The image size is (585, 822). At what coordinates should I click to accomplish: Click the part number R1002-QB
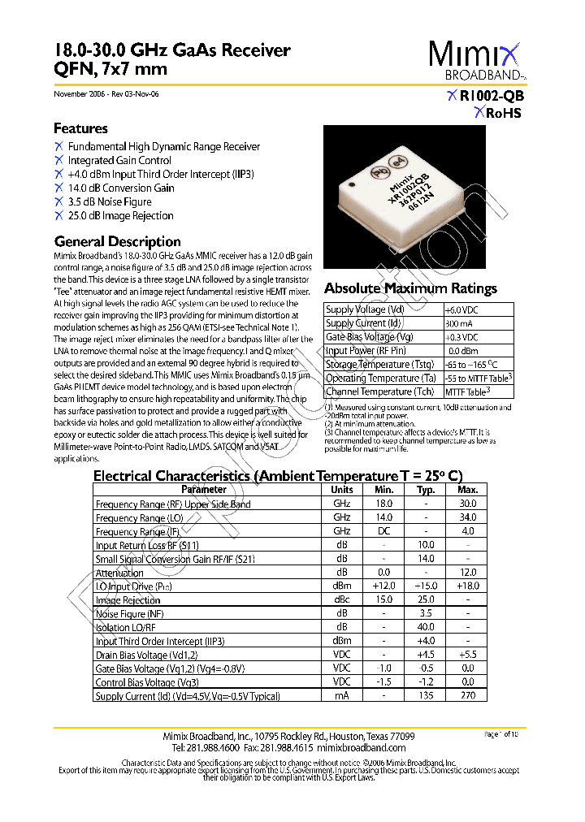[x=491, y=96]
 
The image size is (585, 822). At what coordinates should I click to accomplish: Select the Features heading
[x=80, y=128]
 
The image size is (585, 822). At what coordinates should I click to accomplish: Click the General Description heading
[x=117, y=241]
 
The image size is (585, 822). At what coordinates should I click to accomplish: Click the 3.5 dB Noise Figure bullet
[x=109, y=201]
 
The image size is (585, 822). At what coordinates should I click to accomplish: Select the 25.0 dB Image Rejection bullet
[x=120, y=215]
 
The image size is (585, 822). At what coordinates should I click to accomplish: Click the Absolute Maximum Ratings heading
[x=410, y=288]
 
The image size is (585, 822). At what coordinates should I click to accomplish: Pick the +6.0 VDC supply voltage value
[x=461, y=309]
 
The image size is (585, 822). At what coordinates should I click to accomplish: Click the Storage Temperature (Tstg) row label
[x=379, y=365]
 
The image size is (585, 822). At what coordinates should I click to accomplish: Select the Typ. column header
[x=426, y=490]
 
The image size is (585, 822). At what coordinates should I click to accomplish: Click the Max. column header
[x=467, y=490]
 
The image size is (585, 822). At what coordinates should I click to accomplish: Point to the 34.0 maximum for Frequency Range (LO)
[x=467, y=517]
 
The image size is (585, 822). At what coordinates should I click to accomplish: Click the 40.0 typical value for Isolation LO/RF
[x=426, y=627]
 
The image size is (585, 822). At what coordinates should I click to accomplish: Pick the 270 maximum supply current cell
[x=467, y=695]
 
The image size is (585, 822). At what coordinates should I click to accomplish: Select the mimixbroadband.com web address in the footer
[x=360, y=748]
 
